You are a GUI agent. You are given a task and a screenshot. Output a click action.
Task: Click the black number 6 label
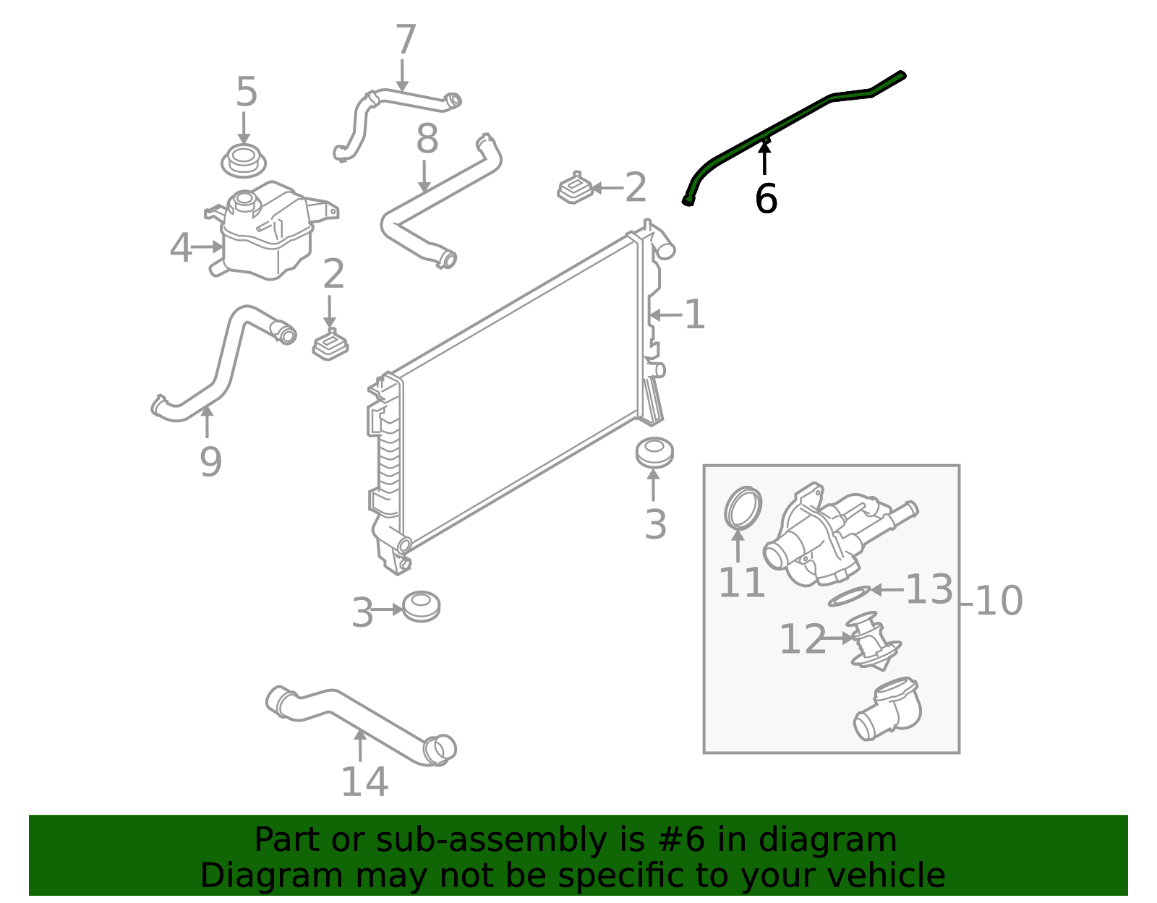765,199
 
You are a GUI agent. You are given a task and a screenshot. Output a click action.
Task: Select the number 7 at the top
406,40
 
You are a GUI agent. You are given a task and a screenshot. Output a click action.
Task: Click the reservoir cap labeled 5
243,161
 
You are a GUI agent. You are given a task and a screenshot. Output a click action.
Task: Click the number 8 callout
427,140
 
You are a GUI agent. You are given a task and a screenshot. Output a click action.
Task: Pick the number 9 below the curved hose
210,462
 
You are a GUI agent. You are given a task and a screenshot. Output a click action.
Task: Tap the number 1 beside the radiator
694,315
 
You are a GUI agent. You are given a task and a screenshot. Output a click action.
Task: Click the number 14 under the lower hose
364,782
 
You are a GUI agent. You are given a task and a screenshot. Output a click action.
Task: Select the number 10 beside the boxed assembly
999,601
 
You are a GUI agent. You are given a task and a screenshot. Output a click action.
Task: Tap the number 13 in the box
928,589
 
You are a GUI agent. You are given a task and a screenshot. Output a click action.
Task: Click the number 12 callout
801,639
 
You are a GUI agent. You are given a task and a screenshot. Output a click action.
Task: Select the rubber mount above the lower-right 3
654,453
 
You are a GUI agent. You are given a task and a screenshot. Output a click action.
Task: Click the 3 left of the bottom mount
362,613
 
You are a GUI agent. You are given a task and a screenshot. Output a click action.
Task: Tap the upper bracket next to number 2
576,189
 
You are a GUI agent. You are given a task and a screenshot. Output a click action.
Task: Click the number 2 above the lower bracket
333,275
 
